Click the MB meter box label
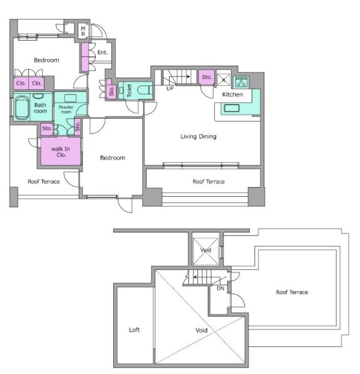[x=83, y=31]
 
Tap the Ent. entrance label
[x=103, y=52]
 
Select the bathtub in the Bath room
[x=22, y=108]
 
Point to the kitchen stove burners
[x=241, y=83]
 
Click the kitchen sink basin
[x=231, y=108]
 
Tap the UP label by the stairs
[x=170, y=88]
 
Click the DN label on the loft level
[x=220, y=288]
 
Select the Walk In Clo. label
[x=61, y=152]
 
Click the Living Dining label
[x=198, y=137]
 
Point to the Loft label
[x=134, y=330]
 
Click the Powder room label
[x=66, y=110]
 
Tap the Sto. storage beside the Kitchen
[x=207, y=77]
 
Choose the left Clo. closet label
[x=21, y=83]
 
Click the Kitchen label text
[x=232, y=95]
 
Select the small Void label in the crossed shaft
[x=205, y=250]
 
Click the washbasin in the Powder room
[x=70, y=98]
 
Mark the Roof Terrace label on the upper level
[x=292, y=292]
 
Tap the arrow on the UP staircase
[x=180, y=76]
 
